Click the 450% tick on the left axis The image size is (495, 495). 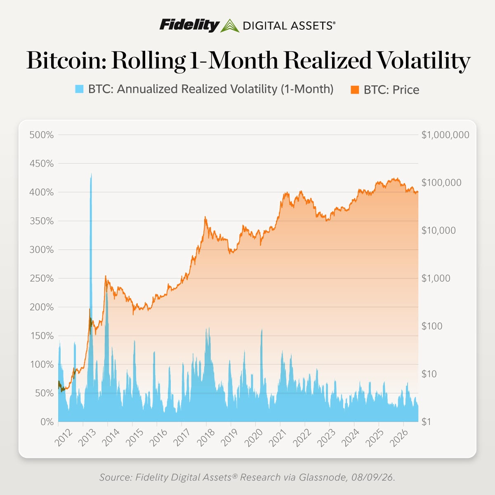[42, 164]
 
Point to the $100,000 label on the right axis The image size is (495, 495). [441, 183]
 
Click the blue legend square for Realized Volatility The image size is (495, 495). [79, 89]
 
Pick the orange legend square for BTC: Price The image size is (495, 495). [355, 90]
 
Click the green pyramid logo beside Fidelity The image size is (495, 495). [230, 26]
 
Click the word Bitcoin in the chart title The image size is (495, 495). [66, 60]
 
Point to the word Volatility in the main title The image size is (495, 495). [421, 61]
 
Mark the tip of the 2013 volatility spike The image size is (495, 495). [91, 173]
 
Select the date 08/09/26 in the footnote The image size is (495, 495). [373, 477]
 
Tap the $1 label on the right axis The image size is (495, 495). [427, 422]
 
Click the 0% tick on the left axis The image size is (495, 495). [47, 422]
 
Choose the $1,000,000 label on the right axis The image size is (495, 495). [445, 135]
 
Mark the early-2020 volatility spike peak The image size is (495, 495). [262, 329]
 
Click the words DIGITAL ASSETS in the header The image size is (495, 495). [289, 26]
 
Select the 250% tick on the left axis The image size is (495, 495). [42, 278]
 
